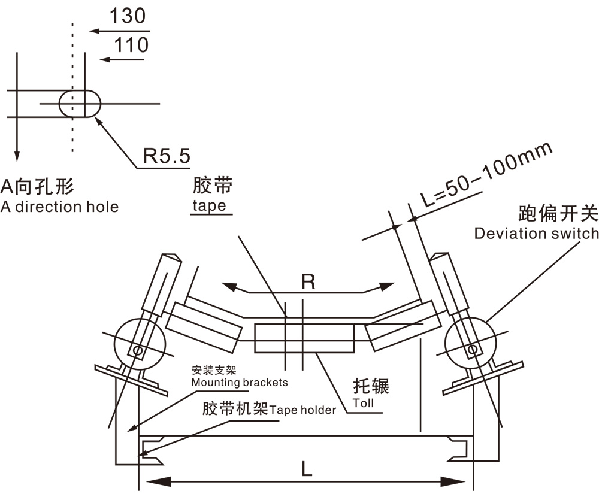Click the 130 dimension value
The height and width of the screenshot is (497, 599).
pyautogui.click(x=128, y=16)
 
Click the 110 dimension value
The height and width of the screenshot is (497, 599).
pyautogui.click(x=131, y=45)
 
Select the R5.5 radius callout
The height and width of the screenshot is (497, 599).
pyautogui.click(x=167, y=156)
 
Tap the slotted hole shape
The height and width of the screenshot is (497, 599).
pyautogui.click(x=80, y=104)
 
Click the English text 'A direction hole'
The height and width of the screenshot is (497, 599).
pyautogui.click(x=59, y=207)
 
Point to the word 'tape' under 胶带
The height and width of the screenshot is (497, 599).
pyautogui.click(x=209, y=205)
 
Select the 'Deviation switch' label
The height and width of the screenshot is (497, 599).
pyautogui.click(x=537, y=233)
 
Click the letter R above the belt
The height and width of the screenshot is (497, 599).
pyautogui.click(x=308, y=282)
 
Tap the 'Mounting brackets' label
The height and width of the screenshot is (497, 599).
pyautogui.click(x=240, y=383)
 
